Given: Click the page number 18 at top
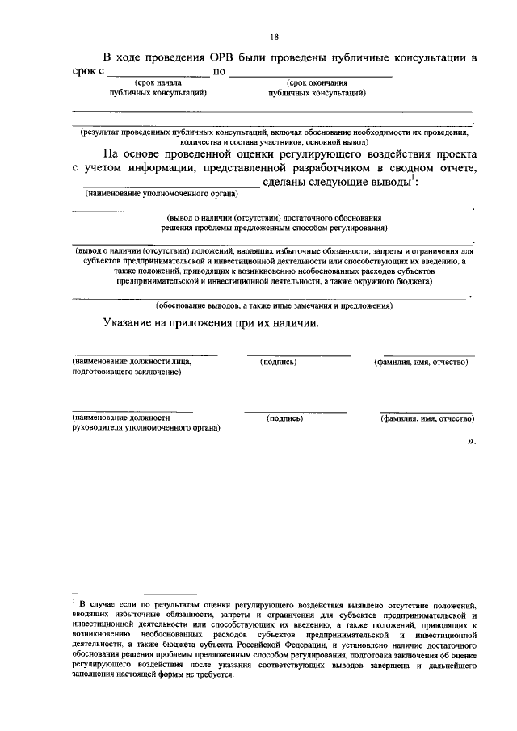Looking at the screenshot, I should tap(274, 36).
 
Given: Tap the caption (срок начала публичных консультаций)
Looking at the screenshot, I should tap(158, 88).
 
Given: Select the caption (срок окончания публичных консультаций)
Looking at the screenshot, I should tap(317, 88).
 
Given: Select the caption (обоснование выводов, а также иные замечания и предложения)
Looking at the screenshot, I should tap(274, 306).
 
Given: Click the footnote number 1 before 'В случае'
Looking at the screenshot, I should tap(73, 603).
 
